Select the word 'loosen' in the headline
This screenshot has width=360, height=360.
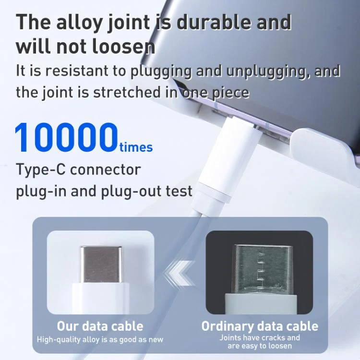123,47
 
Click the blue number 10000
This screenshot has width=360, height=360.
66,137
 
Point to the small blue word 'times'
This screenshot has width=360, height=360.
136,147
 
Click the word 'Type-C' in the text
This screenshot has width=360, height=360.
41,169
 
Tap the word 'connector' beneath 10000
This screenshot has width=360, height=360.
106,170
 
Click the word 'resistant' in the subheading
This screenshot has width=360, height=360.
76,71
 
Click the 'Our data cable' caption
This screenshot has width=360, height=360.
100,326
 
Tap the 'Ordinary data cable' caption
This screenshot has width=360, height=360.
260,326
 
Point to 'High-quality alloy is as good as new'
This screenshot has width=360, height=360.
100,339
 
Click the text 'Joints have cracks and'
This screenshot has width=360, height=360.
260,337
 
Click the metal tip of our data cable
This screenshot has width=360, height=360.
101,264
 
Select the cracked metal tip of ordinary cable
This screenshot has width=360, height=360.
263,269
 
